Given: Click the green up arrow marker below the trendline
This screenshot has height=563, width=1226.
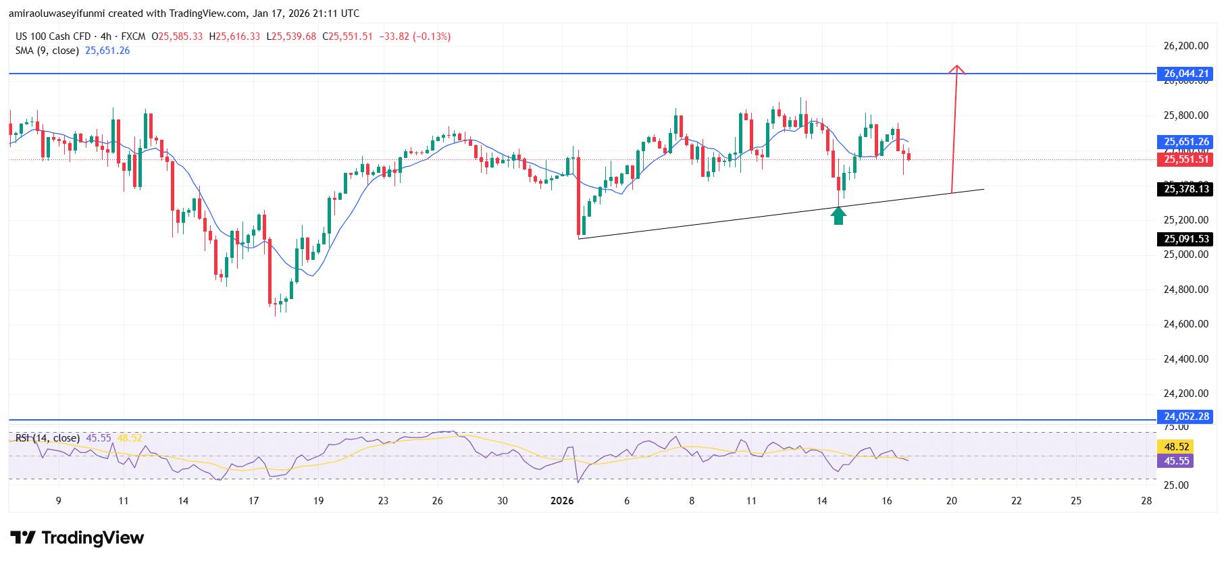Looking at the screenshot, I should pyautogui.click(x=838, y=216).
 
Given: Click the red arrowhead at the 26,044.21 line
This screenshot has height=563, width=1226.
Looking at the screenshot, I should pyautogui.click(x=956, y=69).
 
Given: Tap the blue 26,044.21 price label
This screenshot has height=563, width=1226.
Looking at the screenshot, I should pyautogui.click(x=1185, y=74).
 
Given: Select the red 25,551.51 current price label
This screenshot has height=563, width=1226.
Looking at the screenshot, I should pyautogui.click(x=1185, y=159).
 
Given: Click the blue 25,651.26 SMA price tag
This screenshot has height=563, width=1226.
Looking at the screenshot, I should pyautogui.click(x=1185, y=142).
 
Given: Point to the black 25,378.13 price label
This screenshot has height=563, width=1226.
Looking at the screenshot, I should pyautogui.click(x=1185, y=189).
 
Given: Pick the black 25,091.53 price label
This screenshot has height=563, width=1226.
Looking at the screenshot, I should pyautogui.click(x=1185, y=239).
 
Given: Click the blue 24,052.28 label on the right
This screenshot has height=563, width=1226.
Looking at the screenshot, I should pyautogui.click(x=1185, y=417).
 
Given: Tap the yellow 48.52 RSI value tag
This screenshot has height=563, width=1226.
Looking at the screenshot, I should pyautogui.click(x=1176, y=447).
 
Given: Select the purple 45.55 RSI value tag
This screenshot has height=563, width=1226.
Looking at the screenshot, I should pyautogui.click(x=1176, y=461).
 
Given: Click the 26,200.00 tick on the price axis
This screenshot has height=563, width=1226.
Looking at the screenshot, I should pyautogui.click(x=1185, y=46).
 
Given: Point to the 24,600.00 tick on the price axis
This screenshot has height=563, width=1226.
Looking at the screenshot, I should pyautogui.click(x=1185, y=324).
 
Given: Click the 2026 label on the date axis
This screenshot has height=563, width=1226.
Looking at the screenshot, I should pyautogui.click(x=562, y=501).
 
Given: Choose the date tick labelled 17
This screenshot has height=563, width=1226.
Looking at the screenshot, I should pyautogui.click(x=253, y=501).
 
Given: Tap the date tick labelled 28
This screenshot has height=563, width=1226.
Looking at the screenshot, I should pyautogui.click(x=1146, y=501).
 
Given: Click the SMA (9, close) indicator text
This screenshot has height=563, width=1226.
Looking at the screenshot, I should pyautogui.click(x=47, y=51).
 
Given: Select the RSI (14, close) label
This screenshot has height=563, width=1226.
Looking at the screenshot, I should pyautogui.click(x=47, y=438).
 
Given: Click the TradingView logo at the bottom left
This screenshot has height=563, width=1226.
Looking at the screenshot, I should pyautogui.click(x=77, y=538).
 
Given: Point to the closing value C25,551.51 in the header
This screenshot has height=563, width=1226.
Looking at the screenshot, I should pyautogui.click(x=347, y=36).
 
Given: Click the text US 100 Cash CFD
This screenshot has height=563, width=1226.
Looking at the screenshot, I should pyautogui.click(x=53, y=36).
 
